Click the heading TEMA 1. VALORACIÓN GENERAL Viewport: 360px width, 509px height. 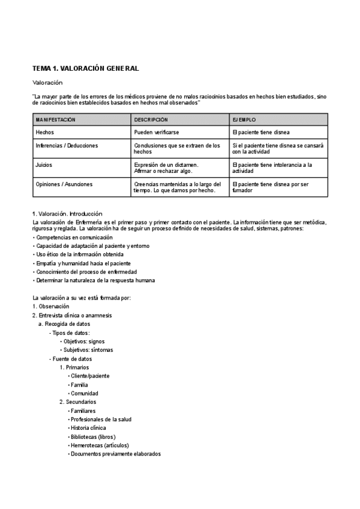pos(86,68)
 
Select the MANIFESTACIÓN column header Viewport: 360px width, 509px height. pos(56,120)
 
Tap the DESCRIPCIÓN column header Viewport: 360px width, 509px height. pos(151,120)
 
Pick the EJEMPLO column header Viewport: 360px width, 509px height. pos(244,120)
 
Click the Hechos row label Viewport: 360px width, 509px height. pos(45,131)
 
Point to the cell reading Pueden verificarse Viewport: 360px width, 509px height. pos(157,131)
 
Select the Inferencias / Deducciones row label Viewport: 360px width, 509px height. pos(67,146)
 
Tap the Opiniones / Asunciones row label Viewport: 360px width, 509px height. pos(64,184)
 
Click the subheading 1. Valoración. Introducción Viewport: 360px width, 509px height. pos(67,214)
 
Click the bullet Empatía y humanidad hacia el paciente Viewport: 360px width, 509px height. pos(83,263)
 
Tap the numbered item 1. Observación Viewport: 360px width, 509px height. pos(52,306)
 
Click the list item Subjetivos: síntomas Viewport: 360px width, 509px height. pos(88,349)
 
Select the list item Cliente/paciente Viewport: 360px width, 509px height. pos(89,376)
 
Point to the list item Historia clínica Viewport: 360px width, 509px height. pos(88,428)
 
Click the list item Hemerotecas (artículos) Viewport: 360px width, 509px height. pos(95,445)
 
